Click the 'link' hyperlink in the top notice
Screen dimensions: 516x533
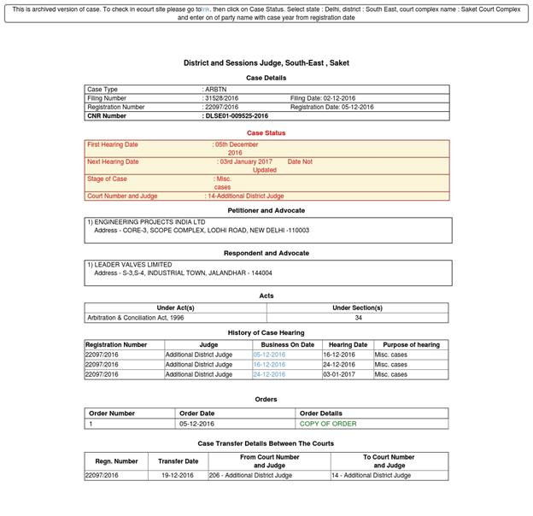tap(205, 9)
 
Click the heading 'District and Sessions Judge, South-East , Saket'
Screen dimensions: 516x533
tap(266, 62)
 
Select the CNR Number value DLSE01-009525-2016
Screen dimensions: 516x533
tap(237, 115)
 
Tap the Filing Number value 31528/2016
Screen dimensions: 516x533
tap(221, 98)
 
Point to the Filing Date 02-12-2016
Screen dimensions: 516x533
tap(323, 98)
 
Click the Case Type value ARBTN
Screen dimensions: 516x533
tap(216, 89)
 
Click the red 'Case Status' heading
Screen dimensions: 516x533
tap(266, 132)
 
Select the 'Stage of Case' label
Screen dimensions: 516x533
tap(107, 179)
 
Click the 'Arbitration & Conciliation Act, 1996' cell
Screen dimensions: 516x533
tap(135, 317)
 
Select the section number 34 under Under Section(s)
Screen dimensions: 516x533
tap(357, 317)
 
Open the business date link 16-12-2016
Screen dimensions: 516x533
tap(269, 364)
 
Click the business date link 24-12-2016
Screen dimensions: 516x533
tap(269, 374)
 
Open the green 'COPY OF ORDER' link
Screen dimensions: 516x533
tap(328, 423)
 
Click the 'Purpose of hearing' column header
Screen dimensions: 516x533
tap(411, 344)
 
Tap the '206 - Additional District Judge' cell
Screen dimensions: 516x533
tap(250, 475)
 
